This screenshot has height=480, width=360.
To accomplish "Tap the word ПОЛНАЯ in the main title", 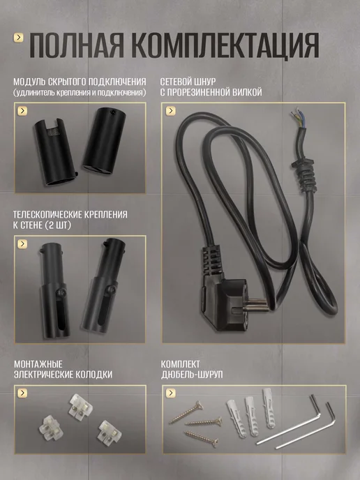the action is pos(77,45).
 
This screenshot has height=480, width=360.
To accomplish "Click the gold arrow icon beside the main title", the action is pos(19,38).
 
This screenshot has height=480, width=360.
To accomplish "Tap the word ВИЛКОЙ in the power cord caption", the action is pos(247,92).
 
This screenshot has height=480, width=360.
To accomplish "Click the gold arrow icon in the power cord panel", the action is pos(170,111).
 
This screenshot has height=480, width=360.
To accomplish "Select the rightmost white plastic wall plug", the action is pos(269,407).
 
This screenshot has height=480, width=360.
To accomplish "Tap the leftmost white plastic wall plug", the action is pos(234,417).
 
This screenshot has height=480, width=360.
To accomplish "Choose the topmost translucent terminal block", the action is pos(80,406).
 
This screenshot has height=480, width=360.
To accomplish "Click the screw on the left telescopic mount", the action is pos(63,290).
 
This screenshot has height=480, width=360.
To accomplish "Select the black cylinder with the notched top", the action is pos(54,152).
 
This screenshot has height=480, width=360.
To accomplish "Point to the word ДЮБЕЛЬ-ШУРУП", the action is pos(192,375).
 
